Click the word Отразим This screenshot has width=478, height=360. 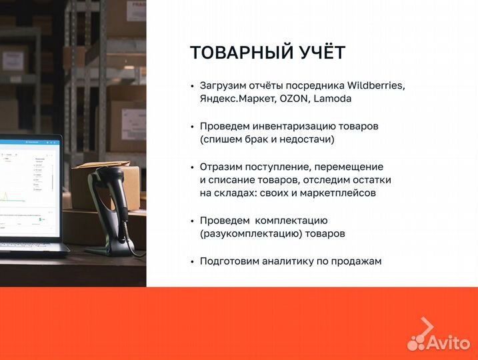click(221, 167)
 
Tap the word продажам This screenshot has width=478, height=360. click(356, 261)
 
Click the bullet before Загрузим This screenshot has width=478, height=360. click(192, 86)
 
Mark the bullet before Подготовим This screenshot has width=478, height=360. click(192, 261)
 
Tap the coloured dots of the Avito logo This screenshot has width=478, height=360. click(416, 342)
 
